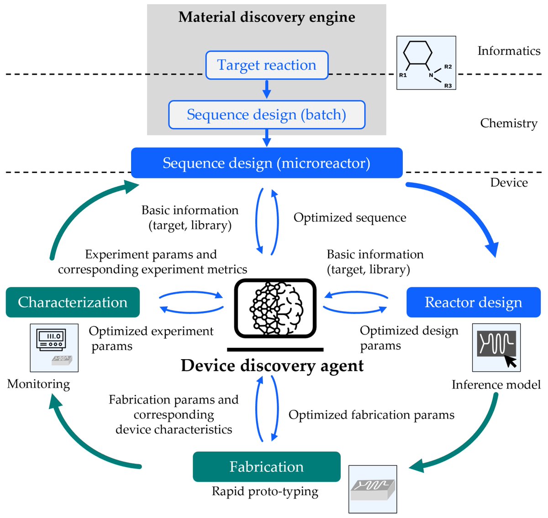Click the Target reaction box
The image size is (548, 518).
(x=267, y=65)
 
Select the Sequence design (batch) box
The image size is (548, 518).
(x=267, y=115)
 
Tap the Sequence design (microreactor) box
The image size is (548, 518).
(x=267, y=163)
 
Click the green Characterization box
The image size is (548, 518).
(x=73, y=302)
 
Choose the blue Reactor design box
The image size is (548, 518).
(x=473, y=302)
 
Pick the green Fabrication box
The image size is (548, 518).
(x=267, y=466)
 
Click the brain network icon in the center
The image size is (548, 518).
(x=275, y=308)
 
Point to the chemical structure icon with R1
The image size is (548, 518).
(x=426, y=63)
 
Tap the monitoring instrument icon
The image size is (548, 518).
(x=54, y=348)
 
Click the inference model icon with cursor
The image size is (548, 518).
(x=496, y=348)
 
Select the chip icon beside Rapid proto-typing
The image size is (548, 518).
(x=373, y=489)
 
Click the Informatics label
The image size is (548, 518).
(x=509, y=51)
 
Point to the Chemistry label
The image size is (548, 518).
(x=509, y=123)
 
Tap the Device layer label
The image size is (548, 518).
(x=509, y=183)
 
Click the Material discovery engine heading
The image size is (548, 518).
(x=267, y=17)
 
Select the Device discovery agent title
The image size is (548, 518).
(x=272, y=366)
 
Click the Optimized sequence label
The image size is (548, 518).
(x=350, y=218)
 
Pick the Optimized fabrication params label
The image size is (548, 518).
(x=371, y=415)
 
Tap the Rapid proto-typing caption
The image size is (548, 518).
(x=265, y=492)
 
